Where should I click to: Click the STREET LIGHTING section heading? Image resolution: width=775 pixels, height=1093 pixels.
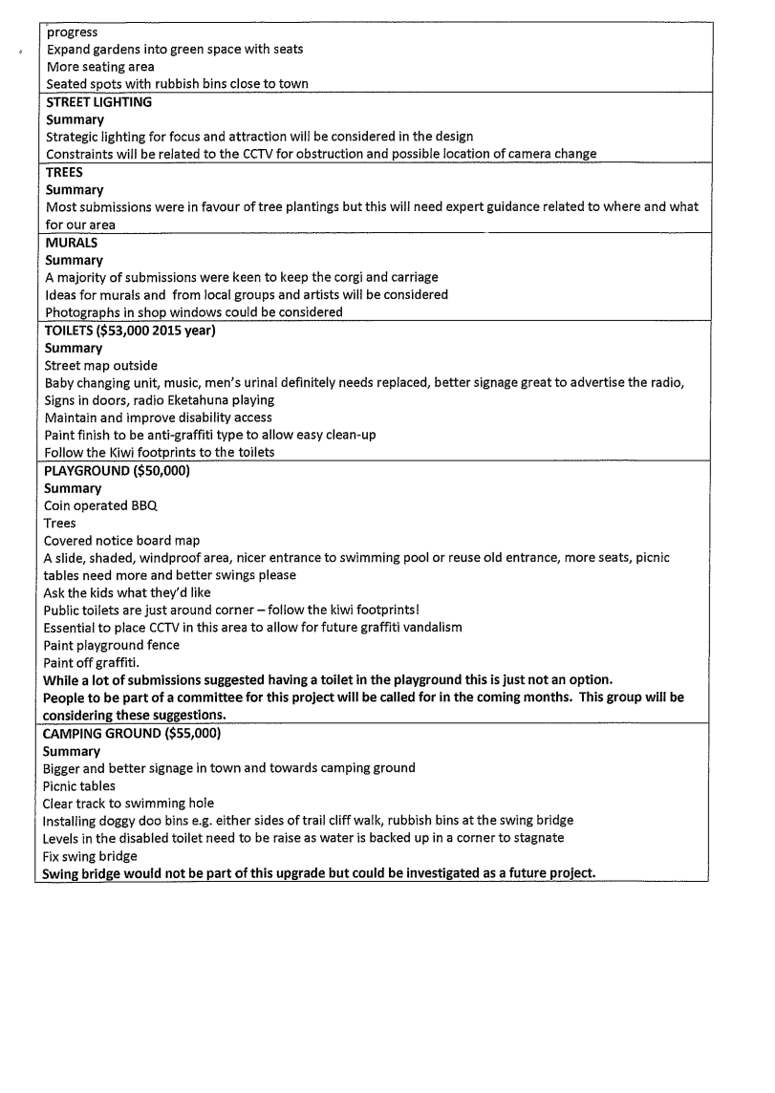98,102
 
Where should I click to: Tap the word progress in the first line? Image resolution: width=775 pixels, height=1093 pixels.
73,32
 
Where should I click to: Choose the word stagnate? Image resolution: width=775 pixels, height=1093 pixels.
537,838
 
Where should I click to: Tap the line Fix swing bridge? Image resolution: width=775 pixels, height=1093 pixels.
91,856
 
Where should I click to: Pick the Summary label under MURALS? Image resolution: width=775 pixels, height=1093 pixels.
75,260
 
